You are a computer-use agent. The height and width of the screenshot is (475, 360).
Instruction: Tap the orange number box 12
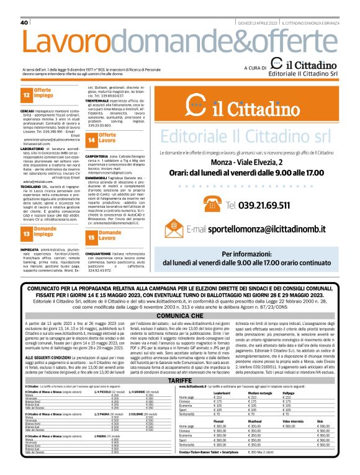coord(27,96)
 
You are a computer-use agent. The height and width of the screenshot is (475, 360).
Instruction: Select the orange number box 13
coord(27,234)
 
